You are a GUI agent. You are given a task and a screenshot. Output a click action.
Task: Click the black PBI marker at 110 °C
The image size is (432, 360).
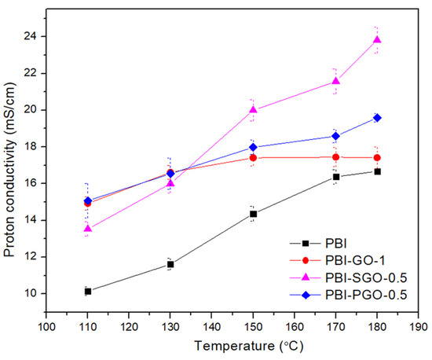click(87, 291)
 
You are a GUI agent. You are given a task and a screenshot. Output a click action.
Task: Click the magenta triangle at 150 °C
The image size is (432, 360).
click(253, 109)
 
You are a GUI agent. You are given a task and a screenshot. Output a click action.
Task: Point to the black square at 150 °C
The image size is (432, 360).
click(253, 213)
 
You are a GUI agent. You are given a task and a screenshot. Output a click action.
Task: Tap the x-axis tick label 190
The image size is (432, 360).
click(419, 325)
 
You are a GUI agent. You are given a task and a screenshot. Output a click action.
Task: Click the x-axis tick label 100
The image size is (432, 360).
click(46, 325)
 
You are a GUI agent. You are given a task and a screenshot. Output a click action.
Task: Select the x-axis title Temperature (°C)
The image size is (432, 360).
click(232, 345)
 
